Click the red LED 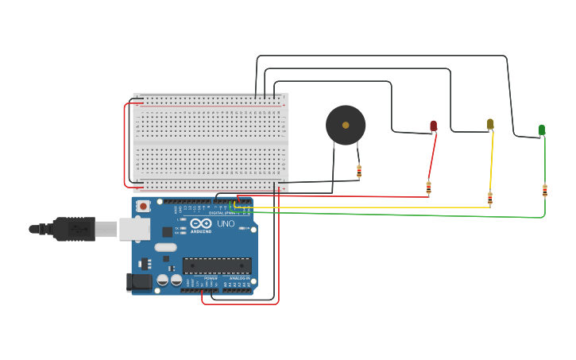(x=433, y=126)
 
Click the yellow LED (x=490, y=123)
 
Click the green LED (x=541, y=129)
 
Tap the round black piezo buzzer (x=346, y=126)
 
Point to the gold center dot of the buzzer (x=346, y=125)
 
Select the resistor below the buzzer (x=359, y=170)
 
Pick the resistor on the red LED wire (x=429, y=188)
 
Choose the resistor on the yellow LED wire (x=489, y=199)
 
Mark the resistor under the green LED (x=545, y=190)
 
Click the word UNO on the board (x=226, y=224)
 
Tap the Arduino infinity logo (x=200, y=224)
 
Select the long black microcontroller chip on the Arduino (x=217, y=265)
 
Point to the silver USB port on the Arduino (x=134, y=230)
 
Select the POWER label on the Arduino (x=211, y=278)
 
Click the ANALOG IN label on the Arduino (x=238, y=278)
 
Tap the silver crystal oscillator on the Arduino (x=165, y=247)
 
